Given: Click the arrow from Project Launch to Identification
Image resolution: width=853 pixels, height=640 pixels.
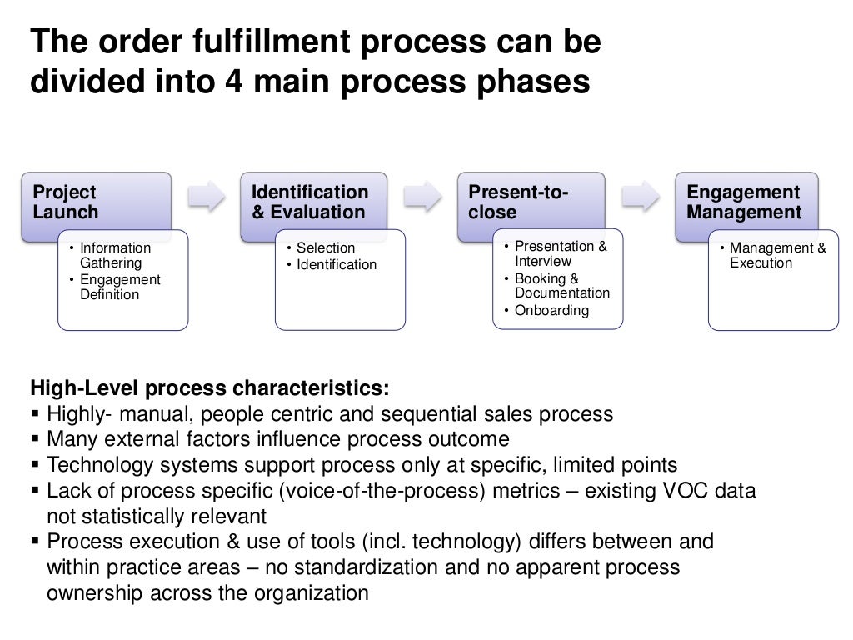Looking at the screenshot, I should click(x=206, y=196).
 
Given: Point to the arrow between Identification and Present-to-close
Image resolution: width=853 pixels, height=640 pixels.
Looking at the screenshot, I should click(x=423, y=196).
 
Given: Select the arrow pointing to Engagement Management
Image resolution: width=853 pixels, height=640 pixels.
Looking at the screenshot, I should click(x=641, y=196).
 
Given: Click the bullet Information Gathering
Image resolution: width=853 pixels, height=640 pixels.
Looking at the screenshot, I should click(x=115, y=255).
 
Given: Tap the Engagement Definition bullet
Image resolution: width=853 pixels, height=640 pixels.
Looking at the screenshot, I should click(x=119, y=287).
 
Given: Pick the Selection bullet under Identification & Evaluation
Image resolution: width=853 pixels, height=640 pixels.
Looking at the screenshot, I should click(x=325, y=247).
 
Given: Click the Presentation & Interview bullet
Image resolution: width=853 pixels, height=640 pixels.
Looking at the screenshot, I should click(x=560, y=253).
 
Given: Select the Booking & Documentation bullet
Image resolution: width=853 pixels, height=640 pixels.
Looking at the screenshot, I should click(x=561, y=286).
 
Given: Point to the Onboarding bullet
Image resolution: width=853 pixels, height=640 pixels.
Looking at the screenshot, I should click(x=551, y=311).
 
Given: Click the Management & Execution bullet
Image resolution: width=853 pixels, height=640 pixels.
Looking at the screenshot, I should click(x=777, y=255).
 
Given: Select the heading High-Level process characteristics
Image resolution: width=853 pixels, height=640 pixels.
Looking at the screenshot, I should click(x=209, y=388).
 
